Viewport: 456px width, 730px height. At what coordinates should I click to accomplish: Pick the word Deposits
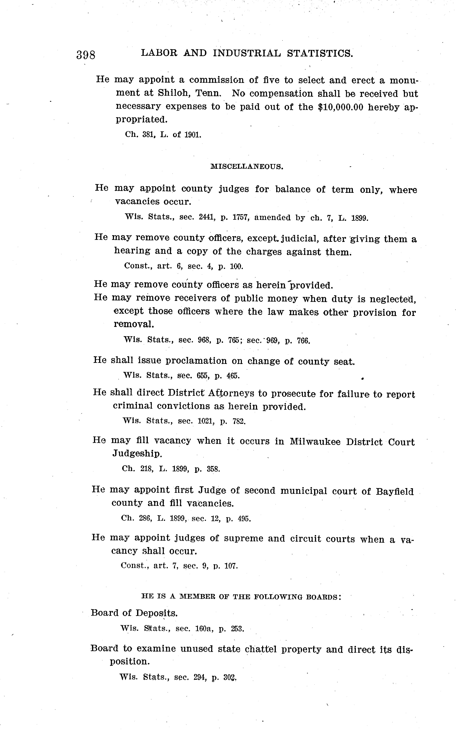[x=156, y=613]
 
